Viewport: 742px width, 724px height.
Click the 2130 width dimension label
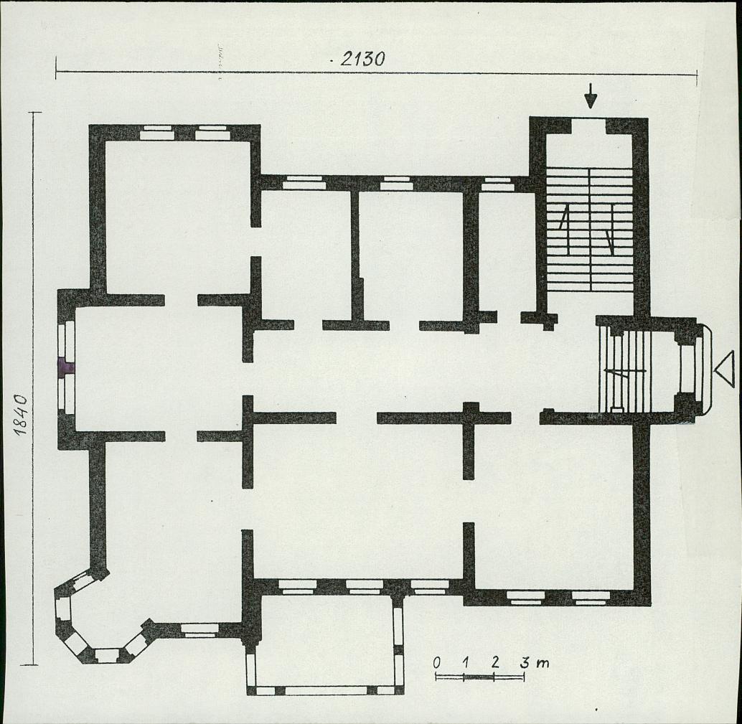click(362, 59)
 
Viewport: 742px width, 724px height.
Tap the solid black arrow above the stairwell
click(590, 96)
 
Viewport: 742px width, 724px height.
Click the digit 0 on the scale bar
click(437, 662)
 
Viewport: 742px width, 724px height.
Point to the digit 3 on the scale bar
click(525, 662)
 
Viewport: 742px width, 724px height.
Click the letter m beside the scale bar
click(543, 664)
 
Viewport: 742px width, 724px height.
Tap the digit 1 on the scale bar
click(466, 662)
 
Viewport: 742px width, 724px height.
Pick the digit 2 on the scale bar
click(495, 662)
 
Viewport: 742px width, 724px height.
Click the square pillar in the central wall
click(470, 410)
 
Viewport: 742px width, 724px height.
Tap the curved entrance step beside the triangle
click(706, 370)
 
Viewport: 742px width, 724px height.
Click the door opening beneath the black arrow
click(588, 126)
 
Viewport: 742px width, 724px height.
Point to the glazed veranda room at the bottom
click(324, 643)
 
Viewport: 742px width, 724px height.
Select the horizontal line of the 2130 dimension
click(376, 73)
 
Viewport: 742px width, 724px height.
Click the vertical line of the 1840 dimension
click(33, 388)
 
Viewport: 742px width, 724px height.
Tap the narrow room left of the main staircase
click(507, 252)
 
